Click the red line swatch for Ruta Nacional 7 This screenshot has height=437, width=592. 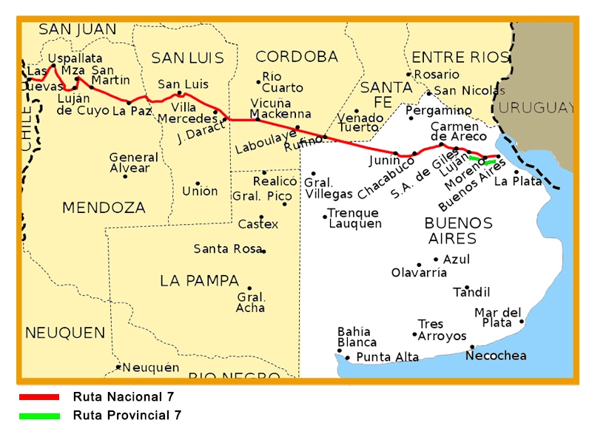(x=38, y=397)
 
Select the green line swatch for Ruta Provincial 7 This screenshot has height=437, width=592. (x=38, y=416)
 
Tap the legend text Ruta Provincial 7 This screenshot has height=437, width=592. (x=127, y=416)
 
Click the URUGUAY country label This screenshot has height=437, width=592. (x=536, y=108)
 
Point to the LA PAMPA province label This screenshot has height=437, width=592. (x=199, y=281)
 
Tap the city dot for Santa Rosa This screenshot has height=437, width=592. (x=263, y=251)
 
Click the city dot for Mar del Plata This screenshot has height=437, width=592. (x=522, y=321)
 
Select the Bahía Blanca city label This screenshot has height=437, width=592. (x=357, y=336)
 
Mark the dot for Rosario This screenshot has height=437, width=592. (x=408, y=74)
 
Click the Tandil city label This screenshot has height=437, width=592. (x=471, y=292)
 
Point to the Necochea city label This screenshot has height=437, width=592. (x=496, y=356)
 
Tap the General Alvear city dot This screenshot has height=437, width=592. (x=125, y=176)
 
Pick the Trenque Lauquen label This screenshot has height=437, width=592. (x=355, y=218)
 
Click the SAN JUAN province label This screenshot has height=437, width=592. (x=78, y=30)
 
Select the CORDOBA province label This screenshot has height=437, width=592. (x=296, y=57)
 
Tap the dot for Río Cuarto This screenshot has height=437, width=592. (x=258, y=81)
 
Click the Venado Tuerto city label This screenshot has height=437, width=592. (x=360, y=122)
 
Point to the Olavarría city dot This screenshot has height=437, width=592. (x=419, y=265)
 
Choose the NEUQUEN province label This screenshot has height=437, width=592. (x=65, y=333)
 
